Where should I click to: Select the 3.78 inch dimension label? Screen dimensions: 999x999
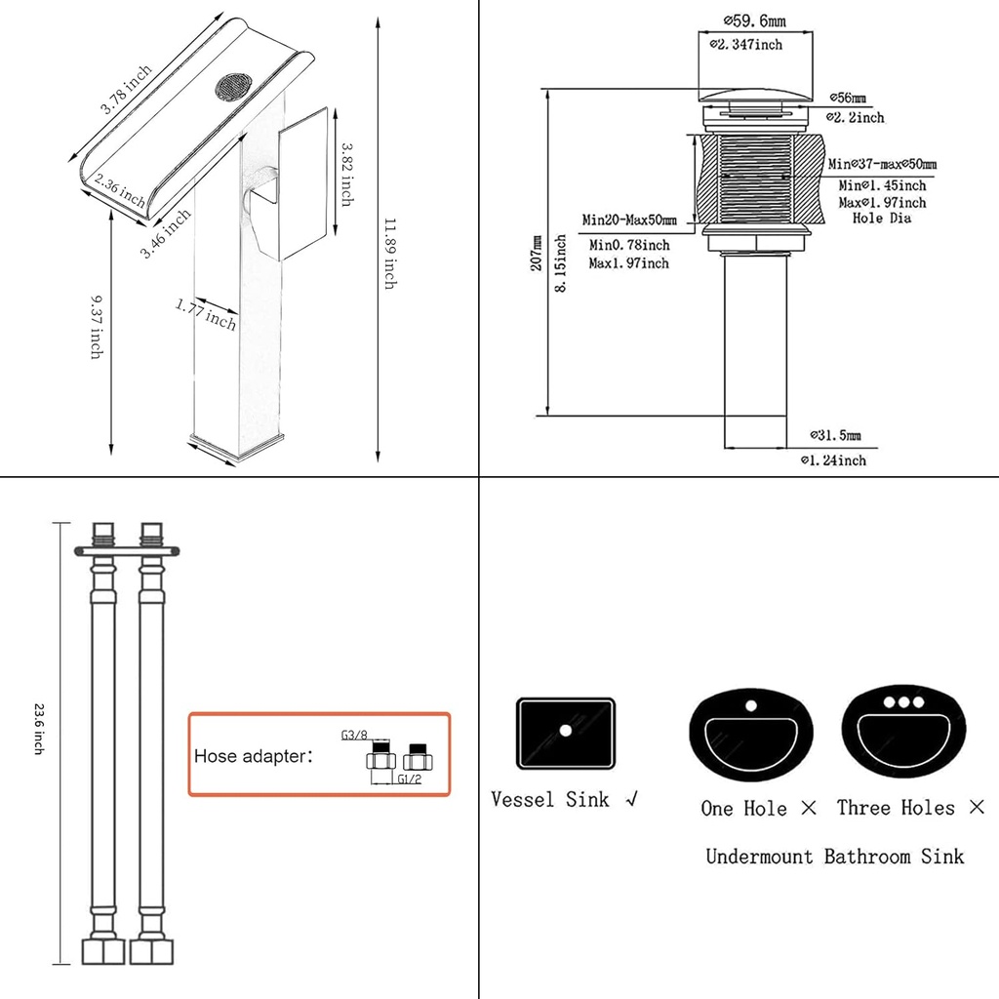point(127,89)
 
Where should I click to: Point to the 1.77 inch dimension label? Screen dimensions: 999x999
point(207,313)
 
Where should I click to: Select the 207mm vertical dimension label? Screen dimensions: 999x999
point(537,253)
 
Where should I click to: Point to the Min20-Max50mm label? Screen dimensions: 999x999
point(629,220)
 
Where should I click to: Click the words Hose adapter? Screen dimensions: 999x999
point(254,756)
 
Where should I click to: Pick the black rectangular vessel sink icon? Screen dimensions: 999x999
point(565,731)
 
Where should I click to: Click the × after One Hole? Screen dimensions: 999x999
point(808,808)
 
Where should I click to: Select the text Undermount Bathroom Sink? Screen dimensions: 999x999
point(834,857)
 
